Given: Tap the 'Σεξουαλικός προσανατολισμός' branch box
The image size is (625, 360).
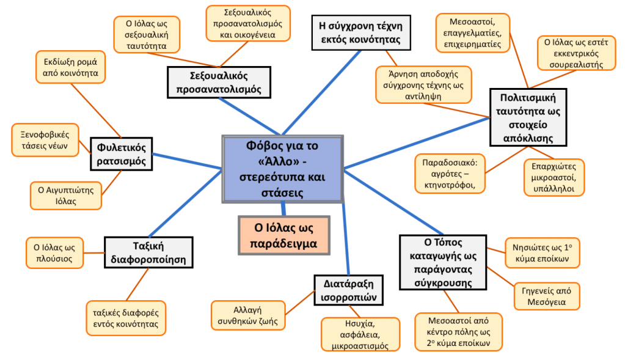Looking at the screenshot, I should pos(218,82).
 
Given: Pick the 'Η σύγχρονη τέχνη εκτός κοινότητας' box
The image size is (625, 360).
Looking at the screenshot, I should pos(360,33).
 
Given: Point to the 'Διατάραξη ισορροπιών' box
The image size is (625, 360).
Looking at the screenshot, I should pos(349,290).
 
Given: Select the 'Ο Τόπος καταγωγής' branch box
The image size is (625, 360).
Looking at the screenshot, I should pos(444,261).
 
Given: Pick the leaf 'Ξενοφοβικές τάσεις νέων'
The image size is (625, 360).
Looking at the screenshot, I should pos(45,140).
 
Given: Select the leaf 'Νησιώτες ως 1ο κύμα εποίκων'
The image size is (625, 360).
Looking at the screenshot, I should pos(542,252).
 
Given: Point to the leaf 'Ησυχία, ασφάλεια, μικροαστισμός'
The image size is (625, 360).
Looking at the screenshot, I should pos(360,334).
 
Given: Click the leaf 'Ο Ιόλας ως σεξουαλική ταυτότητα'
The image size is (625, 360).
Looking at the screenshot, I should pos(147,34).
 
